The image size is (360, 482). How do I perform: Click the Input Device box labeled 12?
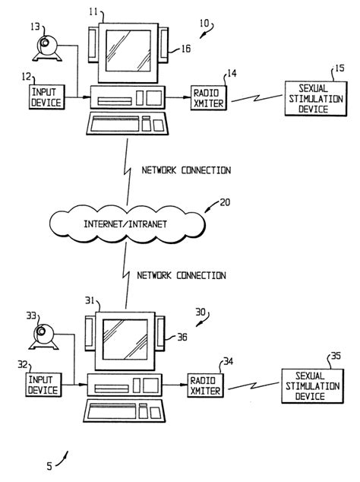[x=47, y=97]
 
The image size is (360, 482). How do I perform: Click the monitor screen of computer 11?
[x=127, y=46]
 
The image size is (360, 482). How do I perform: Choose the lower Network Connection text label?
[x=181, y=275]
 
